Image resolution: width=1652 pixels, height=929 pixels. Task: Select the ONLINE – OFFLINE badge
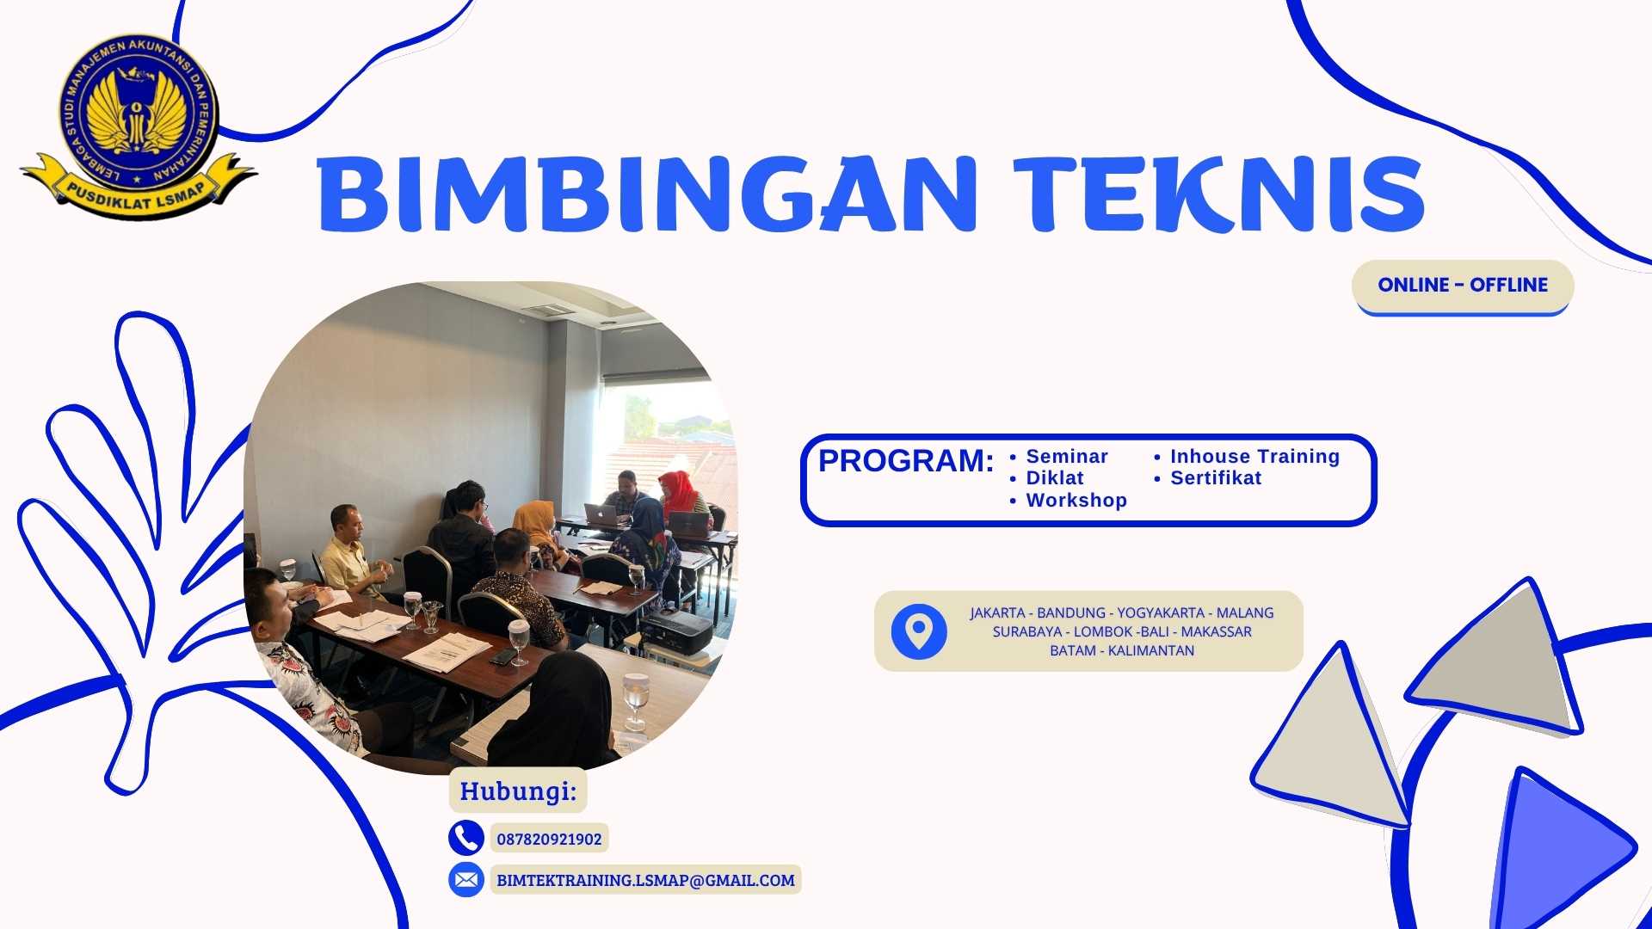click(1463, 286)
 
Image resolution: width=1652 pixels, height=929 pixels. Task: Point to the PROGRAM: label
click(905, 462)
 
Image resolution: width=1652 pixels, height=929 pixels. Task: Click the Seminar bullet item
click(1066, 457)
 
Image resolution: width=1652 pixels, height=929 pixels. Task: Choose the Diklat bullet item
click(1054, 478)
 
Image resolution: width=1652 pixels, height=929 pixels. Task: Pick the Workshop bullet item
click(1076, 501)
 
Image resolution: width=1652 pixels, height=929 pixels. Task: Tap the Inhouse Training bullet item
click(1254, 457)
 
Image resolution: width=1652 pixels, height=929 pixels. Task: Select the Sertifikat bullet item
click(1215, 478)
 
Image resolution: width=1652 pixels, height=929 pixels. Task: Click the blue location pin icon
click(919, 631)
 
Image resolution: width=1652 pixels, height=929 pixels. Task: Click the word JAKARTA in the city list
click(997, 613)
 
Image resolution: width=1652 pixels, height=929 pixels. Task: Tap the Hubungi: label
click(518, 791)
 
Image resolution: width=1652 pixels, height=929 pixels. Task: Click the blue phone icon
click(465, 838)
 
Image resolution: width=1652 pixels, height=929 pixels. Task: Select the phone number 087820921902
click(549, 840)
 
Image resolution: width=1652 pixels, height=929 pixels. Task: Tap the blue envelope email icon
click(465, 880)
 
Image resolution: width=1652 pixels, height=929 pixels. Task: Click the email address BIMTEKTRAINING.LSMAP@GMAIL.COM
click(645, 881)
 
